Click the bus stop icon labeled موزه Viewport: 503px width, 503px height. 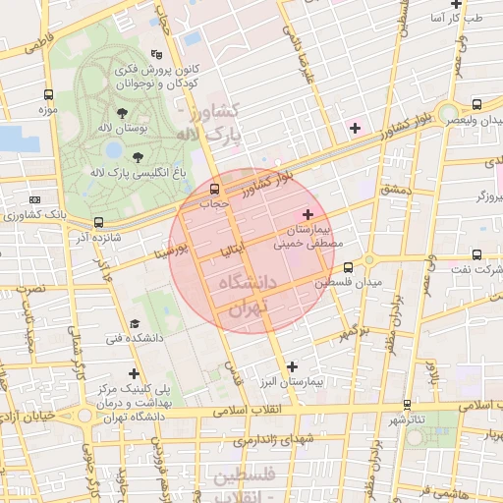[x=48, y=95]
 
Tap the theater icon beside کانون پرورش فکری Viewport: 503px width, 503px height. [x=154, y=55]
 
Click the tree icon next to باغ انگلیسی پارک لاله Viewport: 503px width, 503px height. [x=136, y=156]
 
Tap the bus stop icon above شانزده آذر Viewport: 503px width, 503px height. [x=97, y=222]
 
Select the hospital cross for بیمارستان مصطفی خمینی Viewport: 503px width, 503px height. [x=307, y=213]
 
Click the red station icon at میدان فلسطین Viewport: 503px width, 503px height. [x=348, y=265]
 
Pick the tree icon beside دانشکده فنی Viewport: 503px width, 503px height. [x=135, y=322]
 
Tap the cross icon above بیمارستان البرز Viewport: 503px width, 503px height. [x=291, y=365]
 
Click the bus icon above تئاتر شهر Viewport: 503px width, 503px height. [x=407, y=404]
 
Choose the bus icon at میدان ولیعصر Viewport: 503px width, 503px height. [x=476, y=103]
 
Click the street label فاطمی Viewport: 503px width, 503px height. [x=55, y=44]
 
